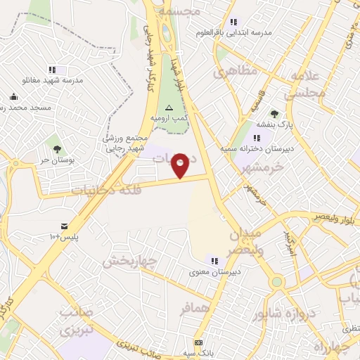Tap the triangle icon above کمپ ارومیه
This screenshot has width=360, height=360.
click(x=168, y=108)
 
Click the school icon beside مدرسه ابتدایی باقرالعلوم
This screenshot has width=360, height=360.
click(x=233, y=22)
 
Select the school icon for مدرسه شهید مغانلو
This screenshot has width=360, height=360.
click(x=52, y=70)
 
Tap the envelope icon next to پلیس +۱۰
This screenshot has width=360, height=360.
click(x=65, y=226)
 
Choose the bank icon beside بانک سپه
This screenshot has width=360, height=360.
click(x=199, y=342)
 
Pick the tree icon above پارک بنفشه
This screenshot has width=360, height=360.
click(x=274, y=114)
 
